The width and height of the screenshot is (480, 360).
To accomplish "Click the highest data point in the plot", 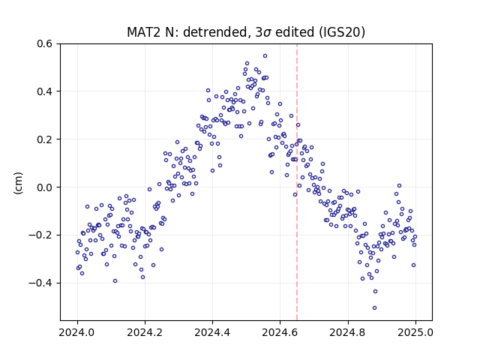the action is click(x=265, y=55).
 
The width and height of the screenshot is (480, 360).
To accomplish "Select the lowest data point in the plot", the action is click(x=374, y=307).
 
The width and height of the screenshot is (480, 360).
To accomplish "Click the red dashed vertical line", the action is click(x=297, y=181).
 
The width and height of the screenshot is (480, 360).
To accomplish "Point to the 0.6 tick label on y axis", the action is click(x=45, y=43).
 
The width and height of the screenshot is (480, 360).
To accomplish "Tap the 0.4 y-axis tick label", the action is click(x=45, y=91).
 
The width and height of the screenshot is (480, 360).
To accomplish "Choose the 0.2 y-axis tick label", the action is click(x=45, y=139).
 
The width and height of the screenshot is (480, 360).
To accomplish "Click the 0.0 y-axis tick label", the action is click(x=45, y=187).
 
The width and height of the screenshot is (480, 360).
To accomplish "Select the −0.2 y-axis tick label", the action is click(x=40, y=235).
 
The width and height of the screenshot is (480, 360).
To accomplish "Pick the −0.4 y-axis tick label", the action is click(x=40, y=283).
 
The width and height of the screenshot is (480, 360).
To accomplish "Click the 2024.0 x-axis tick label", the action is click(x=77, y=332).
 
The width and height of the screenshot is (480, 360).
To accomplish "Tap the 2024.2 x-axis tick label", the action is click(x=145, y=332).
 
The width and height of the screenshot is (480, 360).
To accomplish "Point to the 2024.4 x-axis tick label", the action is click(x=212, y=332).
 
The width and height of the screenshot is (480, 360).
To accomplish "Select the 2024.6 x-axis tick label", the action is click(x=280, y=332).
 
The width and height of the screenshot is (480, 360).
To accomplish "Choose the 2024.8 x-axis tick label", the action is click(x=348, y=332).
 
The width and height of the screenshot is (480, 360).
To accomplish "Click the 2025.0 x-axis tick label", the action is click(x=415, y=332).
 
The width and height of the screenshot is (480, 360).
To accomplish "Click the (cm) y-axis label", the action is click(x=18, y=183).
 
